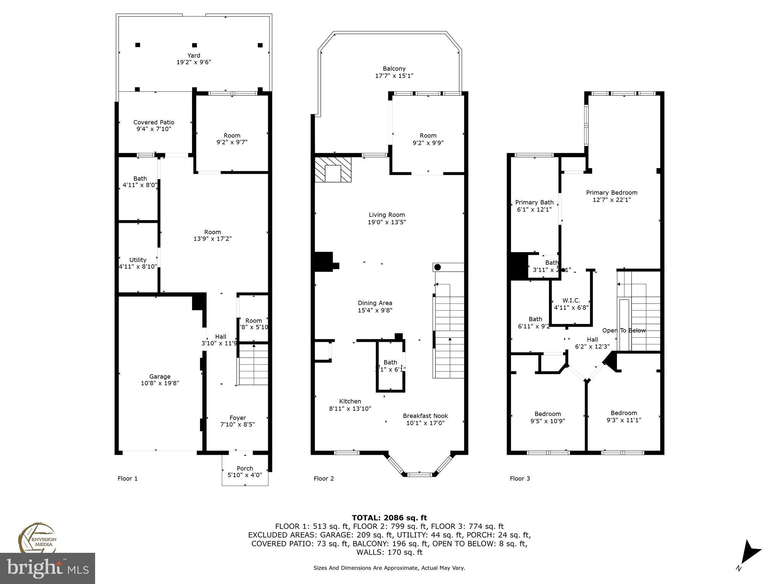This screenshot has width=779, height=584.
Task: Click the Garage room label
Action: (x=160, y=376)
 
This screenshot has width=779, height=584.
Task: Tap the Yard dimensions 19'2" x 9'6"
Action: (x=194, y=62)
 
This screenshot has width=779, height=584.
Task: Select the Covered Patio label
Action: (x=154, y=122)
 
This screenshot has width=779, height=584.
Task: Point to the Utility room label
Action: (x=138, y=260)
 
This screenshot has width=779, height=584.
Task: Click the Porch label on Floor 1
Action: (x=245, y=468)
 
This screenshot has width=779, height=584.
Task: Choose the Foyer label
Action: (x=237, y=417)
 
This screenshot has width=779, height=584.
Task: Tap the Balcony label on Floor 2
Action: (x=394, y=68)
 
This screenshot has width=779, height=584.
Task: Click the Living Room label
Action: (x=386, y=215)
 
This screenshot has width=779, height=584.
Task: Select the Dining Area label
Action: (x=375, y=303)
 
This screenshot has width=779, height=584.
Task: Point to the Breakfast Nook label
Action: (x=425, y=416)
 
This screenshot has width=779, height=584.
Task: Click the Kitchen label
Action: (x=350, y=401)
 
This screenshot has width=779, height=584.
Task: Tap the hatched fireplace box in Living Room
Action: (x=333, y=170)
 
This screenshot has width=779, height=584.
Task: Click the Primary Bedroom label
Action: (x=611, y=192)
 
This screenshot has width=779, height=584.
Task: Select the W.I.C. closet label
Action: (x=571, y=300)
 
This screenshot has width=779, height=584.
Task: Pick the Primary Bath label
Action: (x=534, y=202)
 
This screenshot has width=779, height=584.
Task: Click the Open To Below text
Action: (x=624, y=330)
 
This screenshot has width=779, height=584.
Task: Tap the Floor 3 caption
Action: (x=520, y=478)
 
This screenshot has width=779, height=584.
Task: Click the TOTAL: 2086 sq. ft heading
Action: (x=389, y=517)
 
